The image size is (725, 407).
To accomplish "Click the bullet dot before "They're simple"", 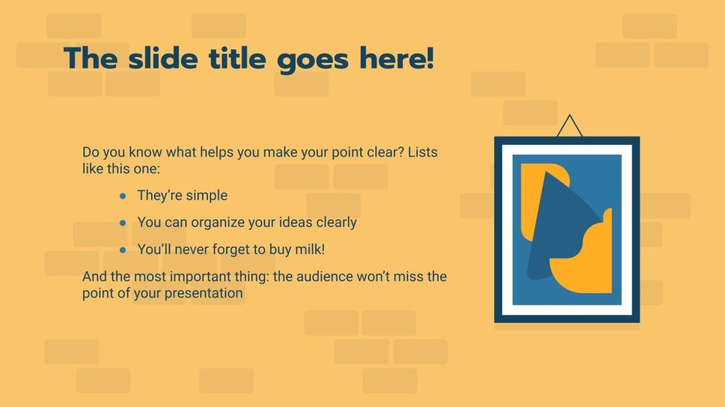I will click(123, 195).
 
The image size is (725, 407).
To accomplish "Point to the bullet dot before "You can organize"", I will click(123, 223).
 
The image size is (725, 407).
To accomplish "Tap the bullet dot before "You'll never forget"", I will click(123, 250).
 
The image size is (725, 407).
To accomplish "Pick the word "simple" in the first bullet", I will click(208, 195).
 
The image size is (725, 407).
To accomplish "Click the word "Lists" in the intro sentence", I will click(422, 153).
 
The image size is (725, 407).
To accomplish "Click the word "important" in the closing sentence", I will click(193, 277).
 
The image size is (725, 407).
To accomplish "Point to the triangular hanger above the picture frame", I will click(570, 127).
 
